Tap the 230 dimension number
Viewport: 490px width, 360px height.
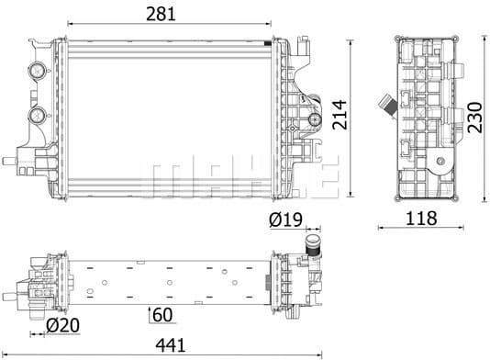(476, 115)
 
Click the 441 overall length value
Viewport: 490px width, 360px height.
(172, 345)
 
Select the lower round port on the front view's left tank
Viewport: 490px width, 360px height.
(39, 116)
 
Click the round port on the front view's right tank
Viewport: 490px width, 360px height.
(312, 118)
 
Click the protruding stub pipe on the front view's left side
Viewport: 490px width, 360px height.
(8, 161)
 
